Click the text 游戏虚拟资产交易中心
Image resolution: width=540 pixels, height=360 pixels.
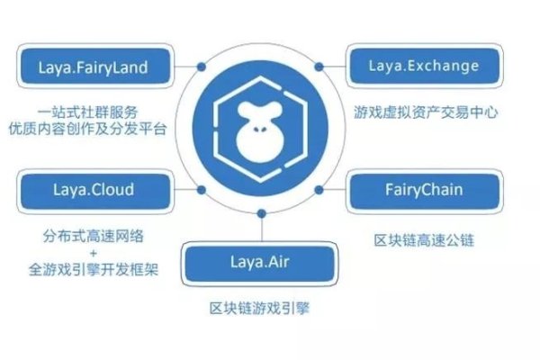point(427,114)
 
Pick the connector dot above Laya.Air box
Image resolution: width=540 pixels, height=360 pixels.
point(261,215)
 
